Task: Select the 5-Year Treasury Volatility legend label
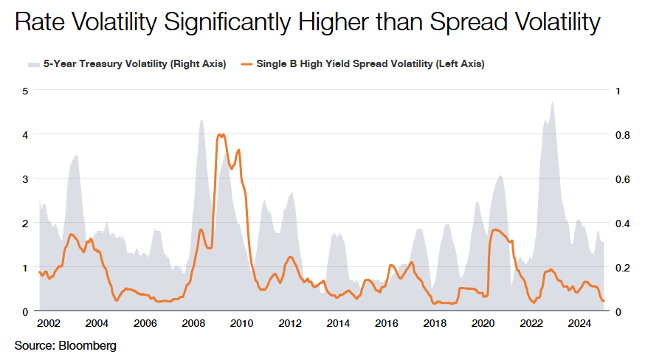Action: [134, 64]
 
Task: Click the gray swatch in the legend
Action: [33, 64]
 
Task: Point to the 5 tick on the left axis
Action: [25, 91]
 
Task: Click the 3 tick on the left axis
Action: [25, 179]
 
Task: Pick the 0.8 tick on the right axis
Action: [623, 135]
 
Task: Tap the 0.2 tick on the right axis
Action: [623, 267]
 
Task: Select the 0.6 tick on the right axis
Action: [623, 179]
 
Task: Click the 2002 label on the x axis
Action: [49, 324]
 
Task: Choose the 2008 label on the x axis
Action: [193, 324]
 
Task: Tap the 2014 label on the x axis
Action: [338, 324]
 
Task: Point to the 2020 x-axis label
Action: [483, 324]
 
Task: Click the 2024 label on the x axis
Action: [580, 324]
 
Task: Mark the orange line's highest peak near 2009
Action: [220, 135]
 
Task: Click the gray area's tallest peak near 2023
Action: [552, 102]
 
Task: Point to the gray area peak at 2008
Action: [201, 121]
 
